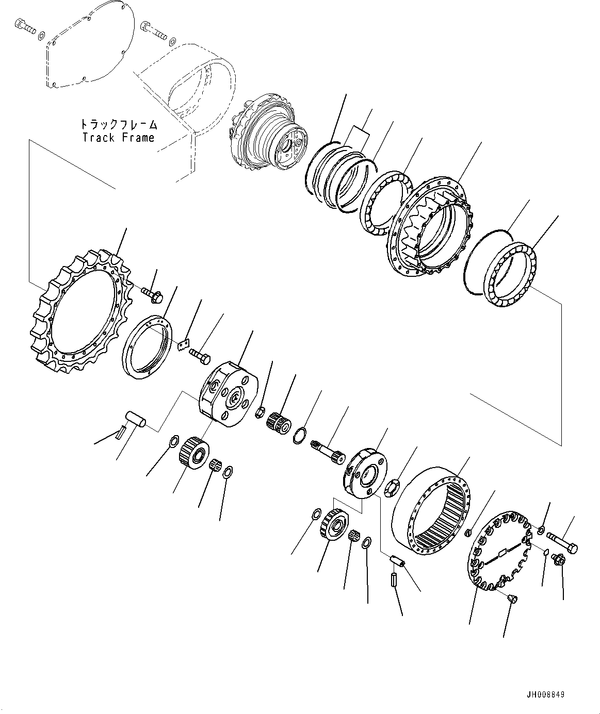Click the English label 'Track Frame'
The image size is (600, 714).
(x=118, y=138)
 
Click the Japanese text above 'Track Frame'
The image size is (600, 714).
(x=118, y=125)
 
